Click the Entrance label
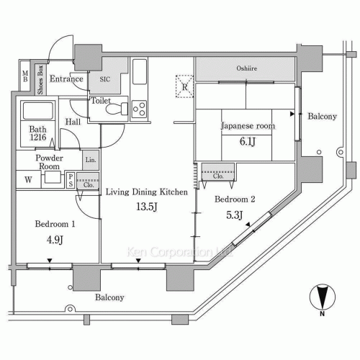coord(67,79)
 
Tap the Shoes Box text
coord(41,80)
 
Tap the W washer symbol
coord(27,180)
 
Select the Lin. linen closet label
coord(91,160)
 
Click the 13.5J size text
coord(147,208)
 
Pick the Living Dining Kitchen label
coord(147,192)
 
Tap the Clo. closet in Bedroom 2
coord(216,174)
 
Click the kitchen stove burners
coord(138,109)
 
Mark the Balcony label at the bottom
coord(107,297)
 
